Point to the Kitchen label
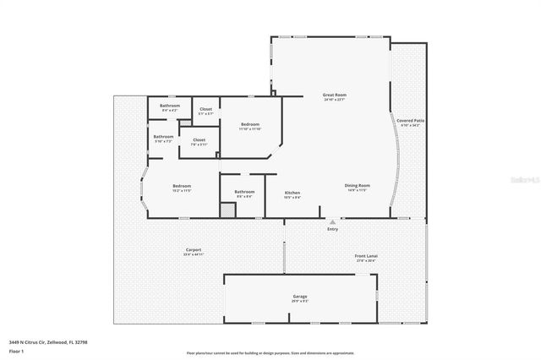pos(292,194)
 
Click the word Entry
pos(333,229)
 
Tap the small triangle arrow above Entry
pos(333,222)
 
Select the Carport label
pos(193,251)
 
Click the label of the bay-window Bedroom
pos(183,188)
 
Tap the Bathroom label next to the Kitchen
pos(244,194)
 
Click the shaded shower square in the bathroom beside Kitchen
pos(227,210)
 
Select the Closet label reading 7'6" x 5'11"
pos(199,141)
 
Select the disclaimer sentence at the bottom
pos(270,352)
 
